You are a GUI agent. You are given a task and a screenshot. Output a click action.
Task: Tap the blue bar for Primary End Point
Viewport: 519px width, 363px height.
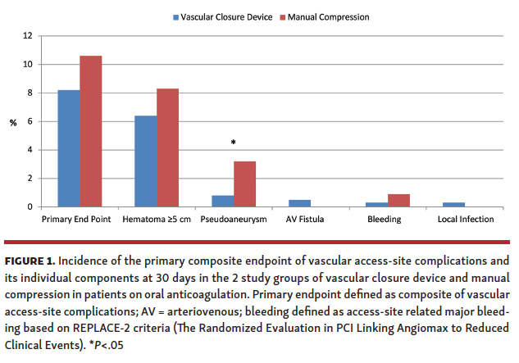click(68, 148)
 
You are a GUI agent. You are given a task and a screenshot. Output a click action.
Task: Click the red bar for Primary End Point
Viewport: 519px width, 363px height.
click(89, 131)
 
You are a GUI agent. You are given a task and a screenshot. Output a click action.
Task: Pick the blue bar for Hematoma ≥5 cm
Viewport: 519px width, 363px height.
click(145, 161)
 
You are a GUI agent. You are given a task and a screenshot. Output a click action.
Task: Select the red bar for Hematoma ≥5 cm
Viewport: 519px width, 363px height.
click(167, 147)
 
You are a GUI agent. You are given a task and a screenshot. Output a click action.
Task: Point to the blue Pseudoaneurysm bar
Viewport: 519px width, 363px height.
click(223, 201)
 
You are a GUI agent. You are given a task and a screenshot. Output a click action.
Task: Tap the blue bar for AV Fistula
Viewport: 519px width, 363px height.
click(299, 203)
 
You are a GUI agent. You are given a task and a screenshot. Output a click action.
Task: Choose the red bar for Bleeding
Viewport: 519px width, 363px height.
click(399, 200)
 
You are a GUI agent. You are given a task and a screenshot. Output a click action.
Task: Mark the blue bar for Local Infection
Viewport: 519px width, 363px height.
click(453, 204)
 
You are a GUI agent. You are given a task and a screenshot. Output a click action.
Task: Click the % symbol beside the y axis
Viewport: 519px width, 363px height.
click(13, 123)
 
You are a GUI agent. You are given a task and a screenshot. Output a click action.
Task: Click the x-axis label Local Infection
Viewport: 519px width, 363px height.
click(466, 220)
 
